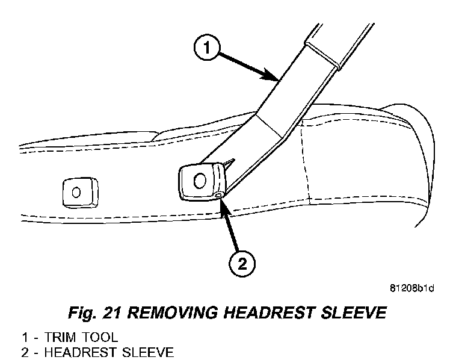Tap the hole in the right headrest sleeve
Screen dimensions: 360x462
[x=201, y=179]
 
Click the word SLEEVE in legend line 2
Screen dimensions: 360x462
[x=137, y=351]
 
